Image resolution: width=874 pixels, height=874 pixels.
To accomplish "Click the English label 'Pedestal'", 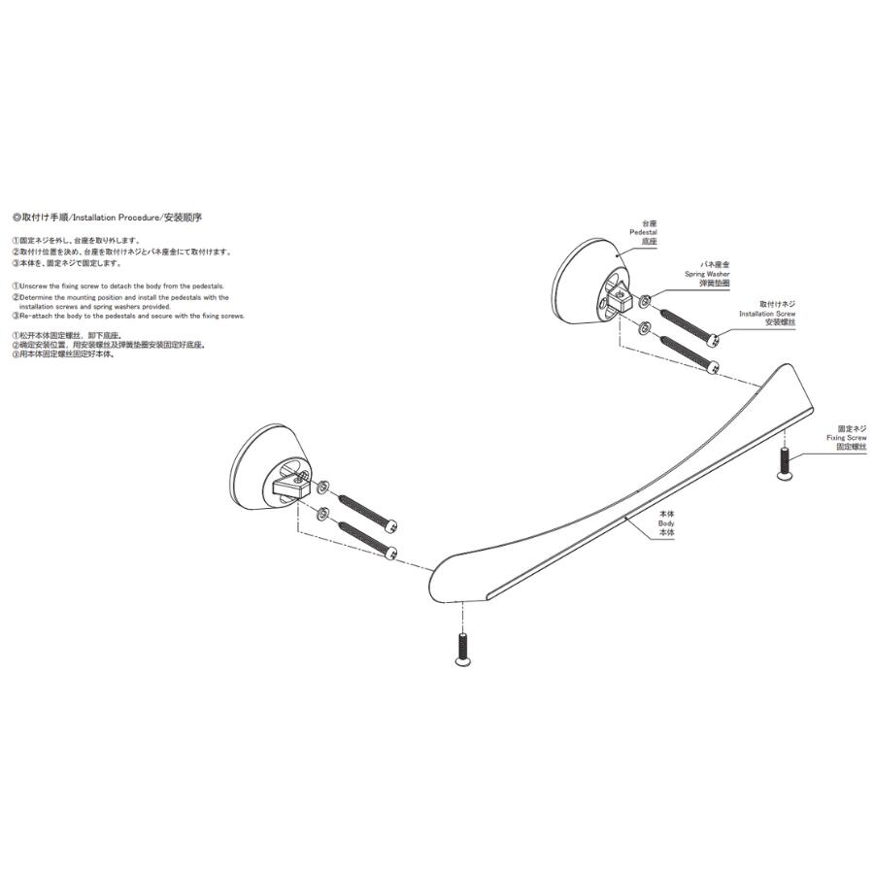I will [x=644, y=233].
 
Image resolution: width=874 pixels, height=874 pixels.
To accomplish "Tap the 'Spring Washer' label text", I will [x=708, y=274].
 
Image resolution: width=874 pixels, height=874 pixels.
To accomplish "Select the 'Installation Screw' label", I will [x=767, y=314].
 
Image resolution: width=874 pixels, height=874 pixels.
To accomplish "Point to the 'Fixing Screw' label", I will [x=847, y=438].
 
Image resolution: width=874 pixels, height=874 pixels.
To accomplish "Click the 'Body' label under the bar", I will [x=666, y=523].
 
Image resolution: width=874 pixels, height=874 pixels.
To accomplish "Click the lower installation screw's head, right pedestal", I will [x=714, y=368].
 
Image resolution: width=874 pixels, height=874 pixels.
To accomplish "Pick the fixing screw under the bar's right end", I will [x=785, y=465].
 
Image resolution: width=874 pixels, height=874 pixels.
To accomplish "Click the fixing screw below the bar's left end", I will [x=463, y=649].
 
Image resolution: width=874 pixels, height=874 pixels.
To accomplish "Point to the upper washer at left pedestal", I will [x=323, y=486].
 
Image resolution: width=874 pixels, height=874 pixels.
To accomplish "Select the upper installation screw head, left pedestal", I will [x=390, y=524].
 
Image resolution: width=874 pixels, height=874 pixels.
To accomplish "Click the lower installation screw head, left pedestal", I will [x=390, y=552].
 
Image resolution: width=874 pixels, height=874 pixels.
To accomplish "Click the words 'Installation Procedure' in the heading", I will [x=117, y=218].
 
